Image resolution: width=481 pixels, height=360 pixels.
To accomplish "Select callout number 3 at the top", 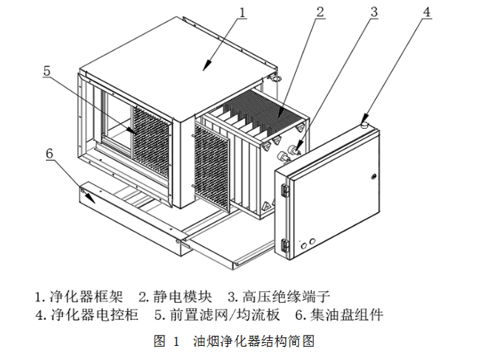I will point(374,11).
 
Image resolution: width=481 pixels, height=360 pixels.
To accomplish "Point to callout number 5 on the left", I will point(47,71).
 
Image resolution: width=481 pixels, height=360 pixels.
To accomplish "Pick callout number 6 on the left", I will point(49,153).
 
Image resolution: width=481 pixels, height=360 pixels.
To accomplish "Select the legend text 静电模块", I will point(179,296).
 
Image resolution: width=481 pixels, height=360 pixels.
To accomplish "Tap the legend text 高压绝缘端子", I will point(278,296).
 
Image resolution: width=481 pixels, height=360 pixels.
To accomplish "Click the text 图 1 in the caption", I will point(166,341).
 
